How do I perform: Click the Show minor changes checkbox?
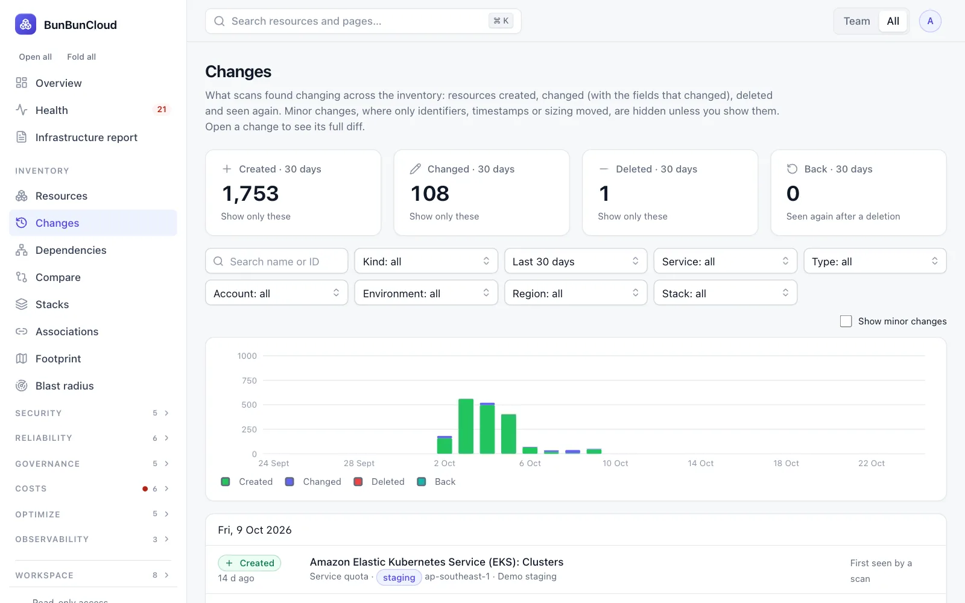(846, 321)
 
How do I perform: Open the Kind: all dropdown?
(426, 261)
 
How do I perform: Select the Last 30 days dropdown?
(575, 261)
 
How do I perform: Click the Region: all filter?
(575, 293)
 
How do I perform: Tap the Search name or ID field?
(277, 261)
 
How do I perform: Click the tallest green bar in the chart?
(466, 426)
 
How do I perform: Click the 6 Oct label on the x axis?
(530, 464)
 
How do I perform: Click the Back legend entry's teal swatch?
(422, 482)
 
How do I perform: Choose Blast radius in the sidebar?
(65, 385)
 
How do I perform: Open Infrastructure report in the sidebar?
(86, 137)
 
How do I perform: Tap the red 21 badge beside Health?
(162, 109)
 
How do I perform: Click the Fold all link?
(81, 57)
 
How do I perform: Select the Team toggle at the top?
(856, 21)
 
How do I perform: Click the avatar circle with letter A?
(930, 21)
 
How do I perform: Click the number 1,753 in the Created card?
(250, 193)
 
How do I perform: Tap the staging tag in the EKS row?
(399, 577)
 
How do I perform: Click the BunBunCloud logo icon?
(25, 24)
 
